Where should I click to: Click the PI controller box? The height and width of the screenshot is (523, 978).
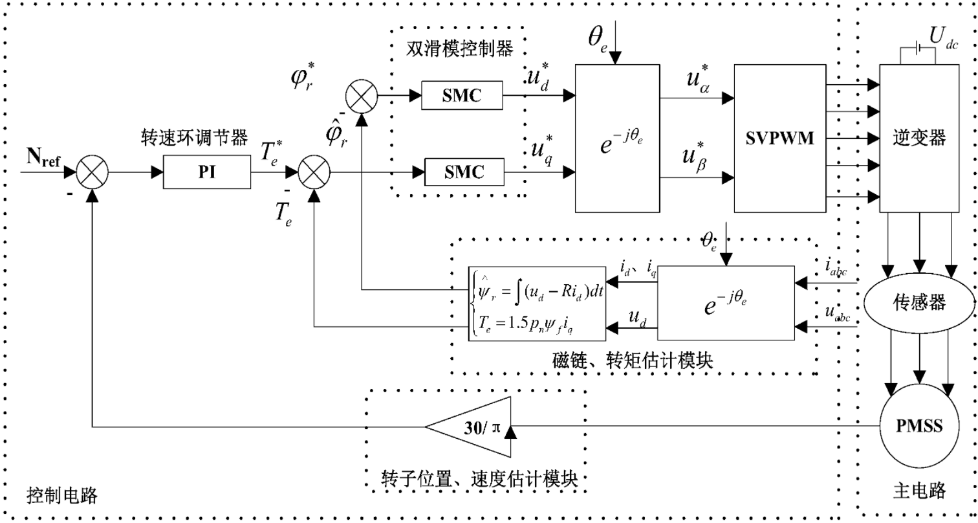[207, 172]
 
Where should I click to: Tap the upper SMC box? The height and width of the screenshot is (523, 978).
[461, 96]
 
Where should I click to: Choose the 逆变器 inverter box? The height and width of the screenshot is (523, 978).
[919, 138]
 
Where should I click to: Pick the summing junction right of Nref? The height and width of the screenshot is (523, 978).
[92, 172]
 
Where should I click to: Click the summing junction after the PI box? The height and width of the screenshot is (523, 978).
[314, 172]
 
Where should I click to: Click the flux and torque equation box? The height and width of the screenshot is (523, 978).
[536, 303]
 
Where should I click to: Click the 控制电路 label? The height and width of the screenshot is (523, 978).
[61, 496]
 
